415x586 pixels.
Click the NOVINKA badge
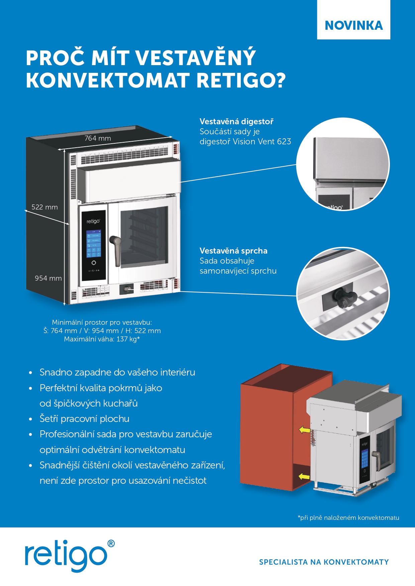[353, 25]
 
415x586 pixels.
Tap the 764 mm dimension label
[98, 138]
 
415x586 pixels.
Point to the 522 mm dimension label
[44, 207]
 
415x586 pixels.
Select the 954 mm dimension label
[48, 278]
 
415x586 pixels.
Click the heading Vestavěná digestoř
[236, 122]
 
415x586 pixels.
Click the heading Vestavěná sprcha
[233, 251]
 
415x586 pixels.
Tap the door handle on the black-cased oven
[116, 249]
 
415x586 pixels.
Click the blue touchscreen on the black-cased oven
[94, 244]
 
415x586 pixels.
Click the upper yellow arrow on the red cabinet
[305, 430]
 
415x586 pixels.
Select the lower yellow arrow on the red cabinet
[304, 476]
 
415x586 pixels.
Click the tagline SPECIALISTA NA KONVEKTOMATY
[324, 562]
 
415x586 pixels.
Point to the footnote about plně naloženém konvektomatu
[348, 518]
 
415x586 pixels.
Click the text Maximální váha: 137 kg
[102, 339]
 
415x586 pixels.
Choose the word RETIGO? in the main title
[241, 81]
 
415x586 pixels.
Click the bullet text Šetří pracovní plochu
[84, 419]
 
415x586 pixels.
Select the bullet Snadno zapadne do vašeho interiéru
[117, 372]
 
